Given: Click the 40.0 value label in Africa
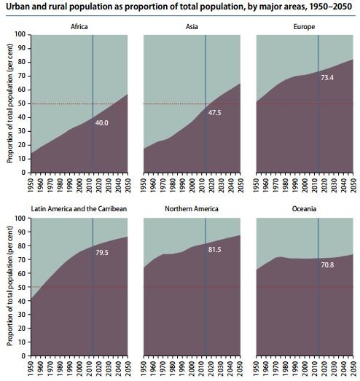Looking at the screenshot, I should [x=103, y=123].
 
